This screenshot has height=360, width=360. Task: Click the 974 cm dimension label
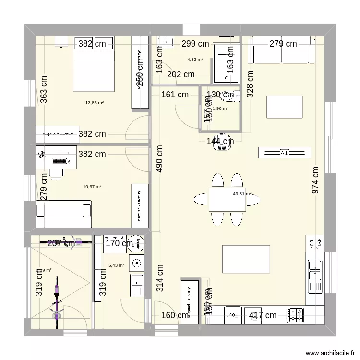pos(316,180)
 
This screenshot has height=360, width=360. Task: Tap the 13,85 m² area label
pos(95,102)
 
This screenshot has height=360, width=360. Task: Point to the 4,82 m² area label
pos(195,60)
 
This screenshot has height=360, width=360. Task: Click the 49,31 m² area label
pos(242,194)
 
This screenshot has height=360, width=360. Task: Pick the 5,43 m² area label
pos(117,265)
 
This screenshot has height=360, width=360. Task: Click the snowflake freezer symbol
pos(315,244)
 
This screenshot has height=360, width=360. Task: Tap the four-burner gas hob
pos(295,315)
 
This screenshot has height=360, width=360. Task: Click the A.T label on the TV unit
pos(284,153)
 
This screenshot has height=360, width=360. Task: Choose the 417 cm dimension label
pos(263,315)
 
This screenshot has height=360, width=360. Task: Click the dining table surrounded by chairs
pos(227,199)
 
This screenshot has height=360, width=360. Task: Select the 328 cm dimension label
pos(250,84)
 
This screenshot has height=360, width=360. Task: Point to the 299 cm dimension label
pos(195,44)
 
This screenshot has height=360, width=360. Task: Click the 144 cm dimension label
pos(220,141)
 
